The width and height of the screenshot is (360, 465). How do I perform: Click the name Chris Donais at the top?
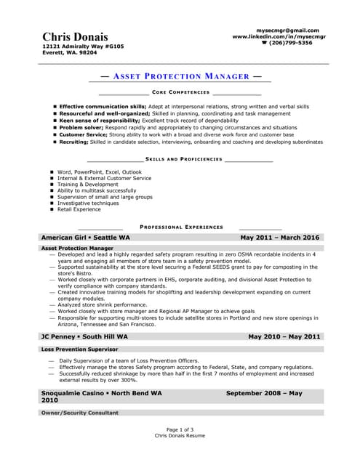pyautogui.click(x=75, y=36)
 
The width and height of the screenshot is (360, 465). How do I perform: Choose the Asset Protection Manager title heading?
pyautogui.click(x=180, y=76)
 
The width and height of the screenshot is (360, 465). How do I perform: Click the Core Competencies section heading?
pyautogui.click(x=180, y=93)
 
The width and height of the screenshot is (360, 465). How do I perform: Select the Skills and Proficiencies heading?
pyautogui.click(x=179, y=158)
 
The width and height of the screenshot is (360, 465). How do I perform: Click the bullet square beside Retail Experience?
pyautogui.click(x=52, y=209)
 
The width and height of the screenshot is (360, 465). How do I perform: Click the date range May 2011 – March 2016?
pyautogui.click(x=279, y=238)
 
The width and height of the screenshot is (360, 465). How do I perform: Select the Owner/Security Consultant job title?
pyautogui.click(x=79, y=413)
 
